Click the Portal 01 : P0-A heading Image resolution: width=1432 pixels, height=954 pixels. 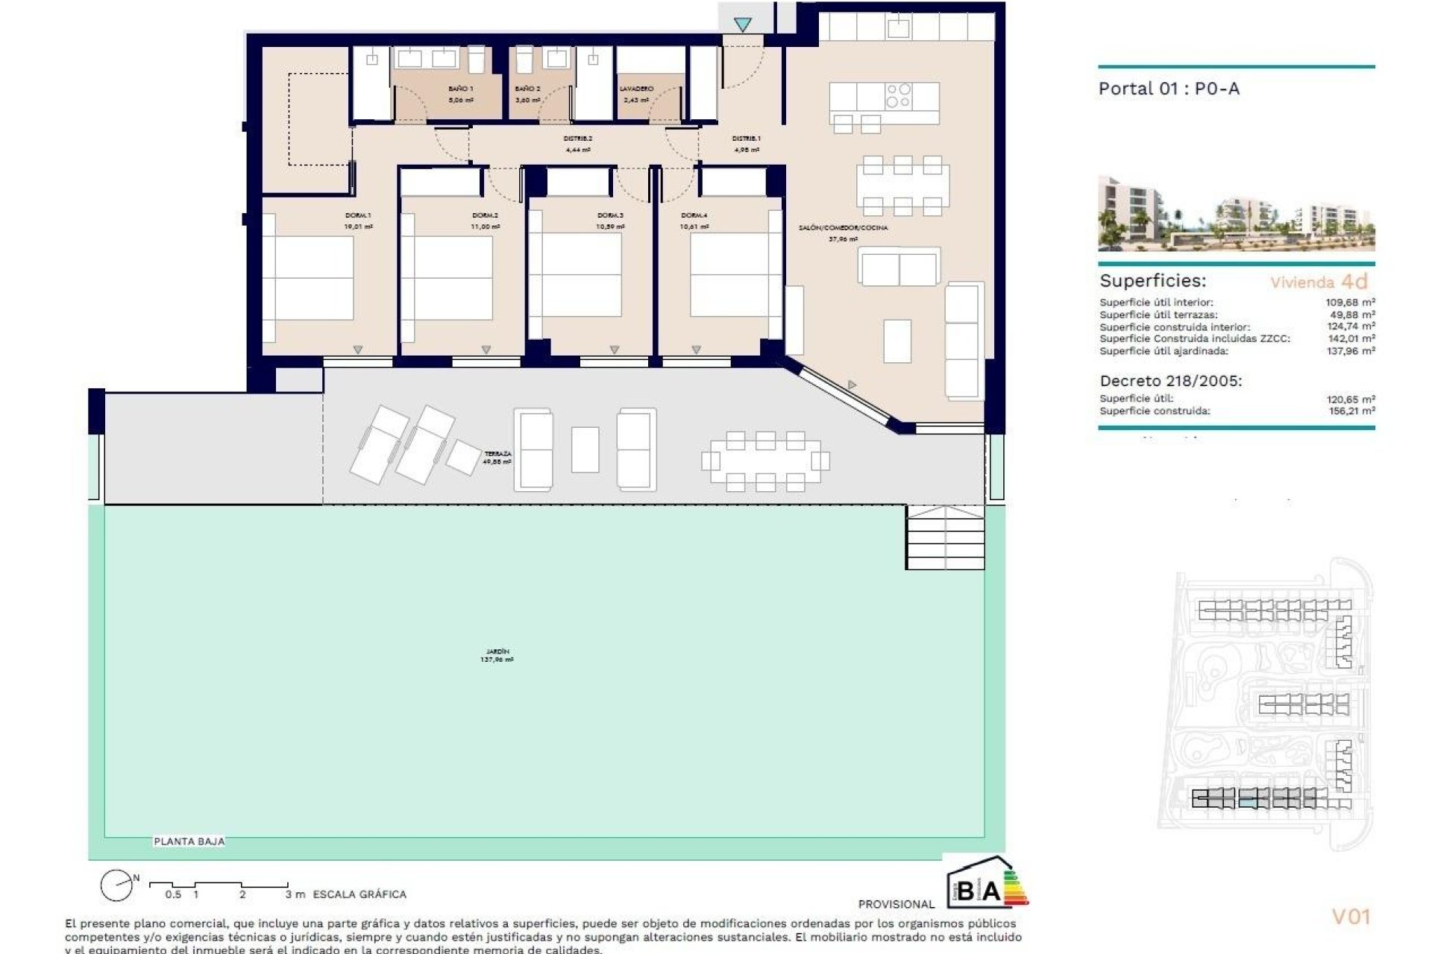pos(1169,89)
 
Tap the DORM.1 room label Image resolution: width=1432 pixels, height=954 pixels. pos(358,215)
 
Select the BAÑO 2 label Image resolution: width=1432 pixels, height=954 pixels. pos(527,89)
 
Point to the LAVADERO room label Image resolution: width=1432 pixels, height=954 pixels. pos(636,89)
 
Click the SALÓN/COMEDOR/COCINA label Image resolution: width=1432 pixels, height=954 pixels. pos(843,228)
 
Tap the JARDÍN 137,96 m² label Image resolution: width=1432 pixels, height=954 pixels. pos(497,656)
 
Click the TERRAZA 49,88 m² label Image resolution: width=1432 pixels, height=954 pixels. pos(497,458)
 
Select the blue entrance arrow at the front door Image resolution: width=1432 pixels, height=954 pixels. pos(742,25)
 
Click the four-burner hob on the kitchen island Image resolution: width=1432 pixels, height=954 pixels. pos(899,95)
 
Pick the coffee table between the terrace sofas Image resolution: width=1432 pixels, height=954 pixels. pos(585,449)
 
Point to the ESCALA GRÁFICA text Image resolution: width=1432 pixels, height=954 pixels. pos(359,894)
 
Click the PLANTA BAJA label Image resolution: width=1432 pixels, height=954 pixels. pos(189,841)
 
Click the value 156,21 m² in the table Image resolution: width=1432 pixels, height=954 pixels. pos(1350,411)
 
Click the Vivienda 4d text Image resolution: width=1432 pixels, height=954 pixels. pos(1319,282)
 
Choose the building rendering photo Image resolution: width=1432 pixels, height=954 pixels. pos(1236,214)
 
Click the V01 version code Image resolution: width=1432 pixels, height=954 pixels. pos(1351,917)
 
